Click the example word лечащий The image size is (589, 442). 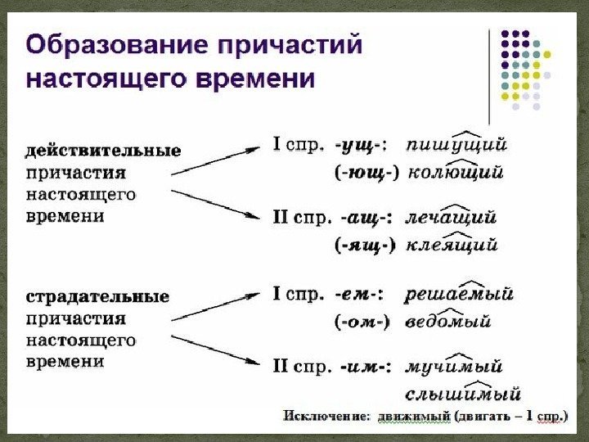coord(452,219)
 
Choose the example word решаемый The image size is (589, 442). coord(458,293)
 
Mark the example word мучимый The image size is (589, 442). coord(454,365)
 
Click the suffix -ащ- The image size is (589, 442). coord(366,219)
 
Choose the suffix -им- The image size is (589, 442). coord(365,365)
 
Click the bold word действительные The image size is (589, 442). coord(103,151)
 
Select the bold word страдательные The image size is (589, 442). coord(97,296)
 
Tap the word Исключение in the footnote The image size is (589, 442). coord(324,416)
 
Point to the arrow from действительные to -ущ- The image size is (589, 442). coord(218,160)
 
